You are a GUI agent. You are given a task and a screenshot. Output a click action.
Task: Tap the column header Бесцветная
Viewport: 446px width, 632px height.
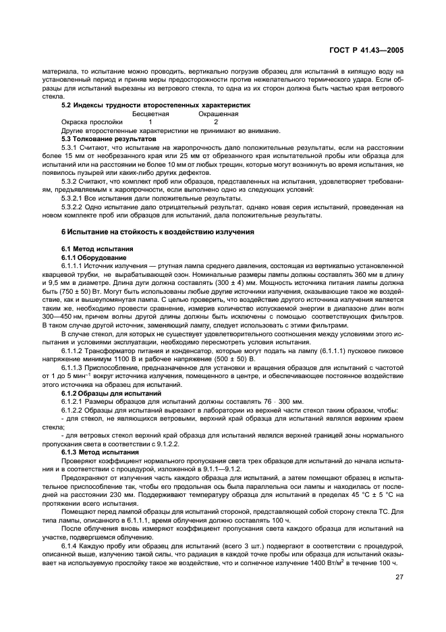[150, 114]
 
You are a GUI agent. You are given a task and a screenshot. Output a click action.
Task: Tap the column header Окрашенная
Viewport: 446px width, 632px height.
[216, 114]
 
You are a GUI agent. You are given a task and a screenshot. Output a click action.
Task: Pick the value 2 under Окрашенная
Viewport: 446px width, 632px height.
[216, 122]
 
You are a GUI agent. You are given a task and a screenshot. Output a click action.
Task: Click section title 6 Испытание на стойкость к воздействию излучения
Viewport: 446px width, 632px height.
[158, 232]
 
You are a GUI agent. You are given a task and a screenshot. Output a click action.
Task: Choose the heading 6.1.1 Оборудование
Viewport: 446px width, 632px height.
[94, 257]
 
